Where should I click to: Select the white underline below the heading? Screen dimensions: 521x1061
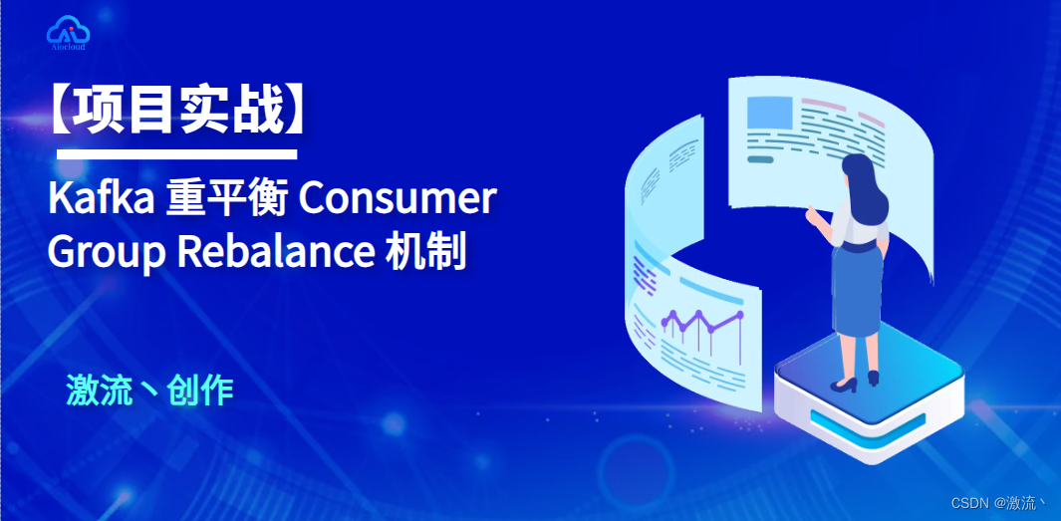click(x=177, y=154)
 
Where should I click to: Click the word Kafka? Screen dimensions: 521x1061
click(x=95, y=200)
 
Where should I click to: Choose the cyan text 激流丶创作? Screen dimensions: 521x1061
click(x=149, y=391)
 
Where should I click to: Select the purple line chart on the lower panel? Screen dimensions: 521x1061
click(x=701, y=321)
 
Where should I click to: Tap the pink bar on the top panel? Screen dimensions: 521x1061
click(x=823, y=103)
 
